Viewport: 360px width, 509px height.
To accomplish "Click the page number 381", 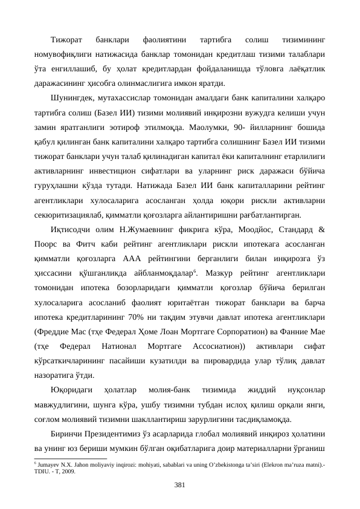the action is pyautogui.click(x=179, y=485).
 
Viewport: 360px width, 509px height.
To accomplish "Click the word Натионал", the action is pyautogui.click(x=123, y=346).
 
